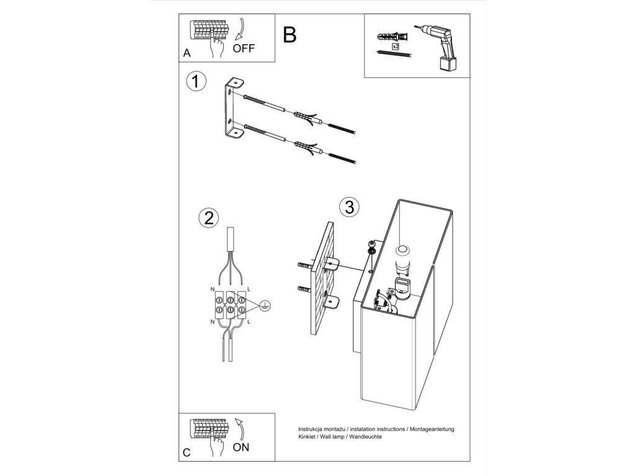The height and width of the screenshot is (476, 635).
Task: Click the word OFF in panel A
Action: [x=243, y=48]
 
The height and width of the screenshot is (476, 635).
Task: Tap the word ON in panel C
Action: [x=241, y=447]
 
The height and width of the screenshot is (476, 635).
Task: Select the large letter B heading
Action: [x=290, y=35]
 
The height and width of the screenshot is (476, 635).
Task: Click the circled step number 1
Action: [x=196, y=81]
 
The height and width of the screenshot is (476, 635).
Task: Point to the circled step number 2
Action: [x=209, y=218]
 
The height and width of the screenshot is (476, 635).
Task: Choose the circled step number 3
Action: [x=349, y=207]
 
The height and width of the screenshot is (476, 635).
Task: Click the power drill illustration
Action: [x=439, y=47]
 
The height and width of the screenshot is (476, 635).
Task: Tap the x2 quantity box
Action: [x=396, y=47]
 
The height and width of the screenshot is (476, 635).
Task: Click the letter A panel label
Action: [x=187, y=53]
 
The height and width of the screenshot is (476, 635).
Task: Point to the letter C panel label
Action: [x=187, y=452]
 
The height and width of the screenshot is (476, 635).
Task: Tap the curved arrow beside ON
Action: [x=241, y=429]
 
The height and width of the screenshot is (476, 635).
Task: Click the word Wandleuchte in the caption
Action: [x=365, y=437]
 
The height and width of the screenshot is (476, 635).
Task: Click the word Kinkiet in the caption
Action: [x=307, y=437]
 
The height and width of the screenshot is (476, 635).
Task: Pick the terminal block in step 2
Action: [x=231, y=306]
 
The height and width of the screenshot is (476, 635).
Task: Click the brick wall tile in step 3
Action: [x=322, y=278]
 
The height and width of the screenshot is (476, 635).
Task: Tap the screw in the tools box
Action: [x=394, y=54]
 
